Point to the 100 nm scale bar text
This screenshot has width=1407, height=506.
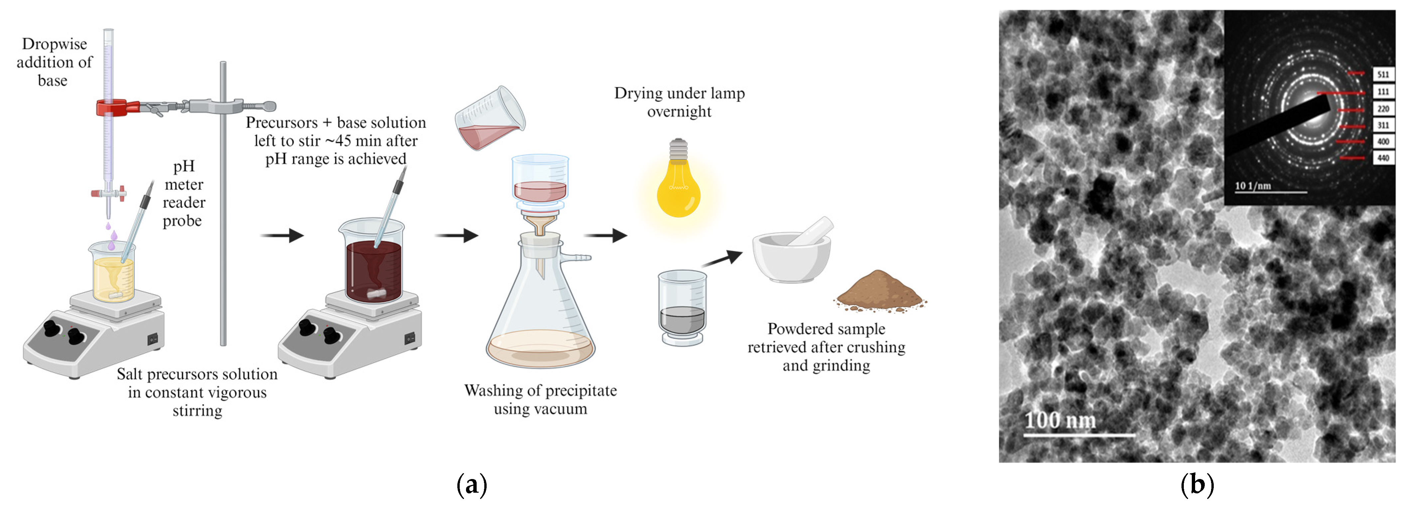click(1060, 420)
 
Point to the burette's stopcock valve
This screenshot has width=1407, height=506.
click(109, 193)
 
